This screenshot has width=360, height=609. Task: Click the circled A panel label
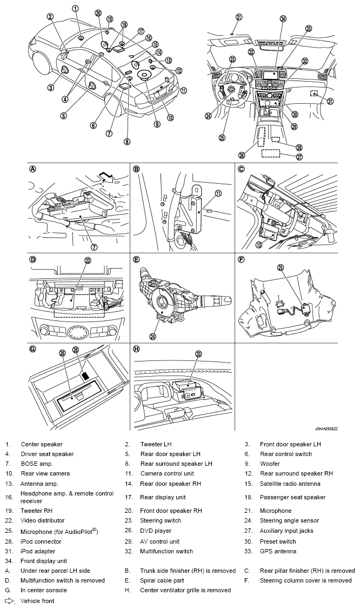[33, 169]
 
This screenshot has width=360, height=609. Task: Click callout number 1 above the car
[75, 8]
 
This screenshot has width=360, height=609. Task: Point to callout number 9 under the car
[157, 124]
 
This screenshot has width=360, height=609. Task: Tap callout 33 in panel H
[198, 354]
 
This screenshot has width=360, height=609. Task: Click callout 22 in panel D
[88, 260]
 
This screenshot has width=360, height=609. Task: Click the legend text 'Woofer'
[270, 464]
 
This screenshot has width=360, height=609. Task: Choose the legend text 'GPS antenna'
[278, 551]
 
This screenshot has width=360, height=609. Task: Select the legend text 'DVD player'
[156, 531]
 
